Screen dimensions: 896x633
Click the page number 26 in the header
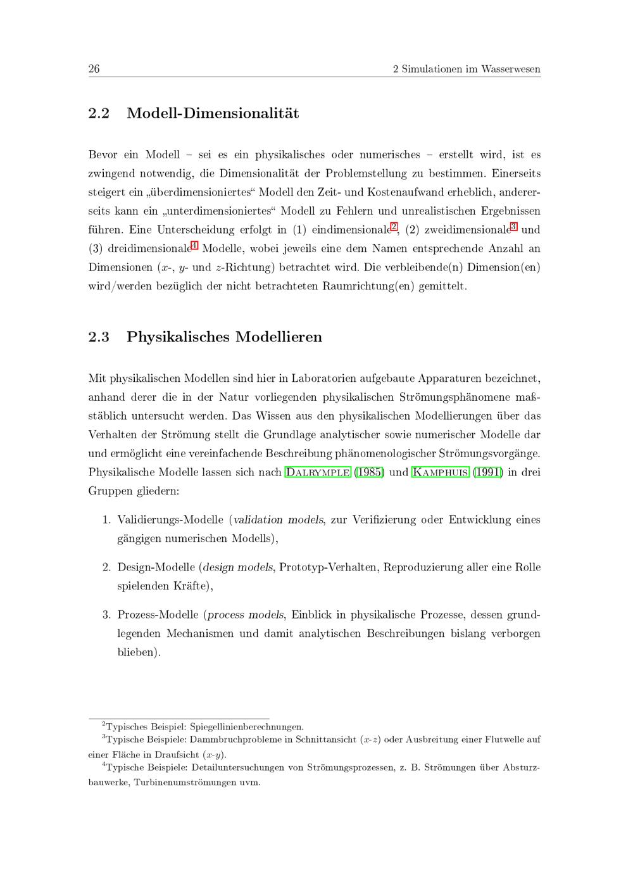[x=94, y=69]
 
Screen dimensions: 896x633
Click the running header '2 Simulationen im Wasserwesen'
[x=467, y=69]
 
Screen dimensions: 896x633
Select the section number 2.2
[x=99, y=113]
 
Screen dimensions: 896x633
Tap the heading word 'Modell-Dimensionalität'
[x=213, y=113]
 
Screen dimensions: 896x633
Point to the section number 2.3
[x=99, y=337]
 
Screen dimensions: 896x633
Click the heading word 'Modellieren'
[x=279, y=337]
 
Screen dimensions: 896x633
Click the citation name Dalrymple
[x=318, y=472]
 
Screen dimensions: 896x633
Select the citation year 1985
[x=368, y=472]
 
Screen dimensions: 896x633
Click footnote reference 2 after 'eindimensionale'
[x=394, y=227]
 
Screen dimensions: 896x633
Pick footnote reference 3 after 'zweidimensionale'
[x=513, y=227]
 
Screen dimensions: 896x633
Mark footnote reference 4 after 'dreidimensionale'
[x=194, y=246]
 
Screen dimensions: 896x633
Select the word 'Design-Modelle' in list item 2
[x=156, y=567]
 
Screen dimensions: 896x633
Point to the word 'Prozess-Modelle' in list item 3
[x=158, y=615]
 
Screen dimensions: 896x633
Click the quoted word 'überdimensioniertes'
[x=203, y=192]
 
